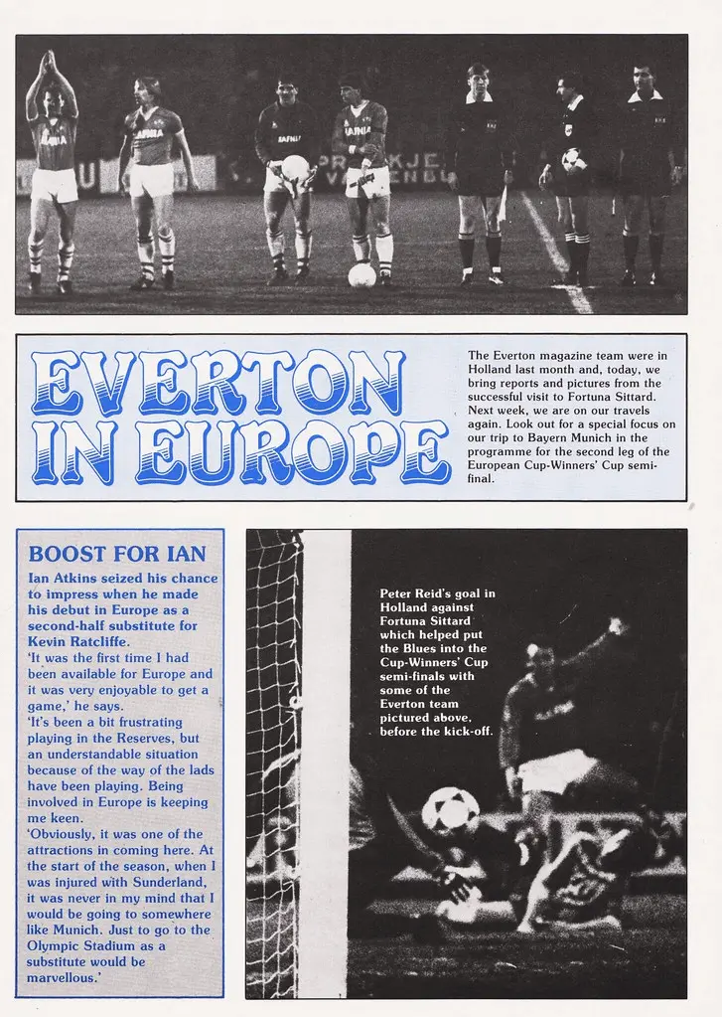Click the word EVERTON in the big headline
(218, 383)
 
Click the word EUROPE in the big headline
(293, 452)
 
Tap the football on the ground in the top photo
(361, 275)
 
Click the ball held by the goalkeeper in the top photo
(295, 167)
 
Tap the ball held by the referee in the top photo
(572, 159)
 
